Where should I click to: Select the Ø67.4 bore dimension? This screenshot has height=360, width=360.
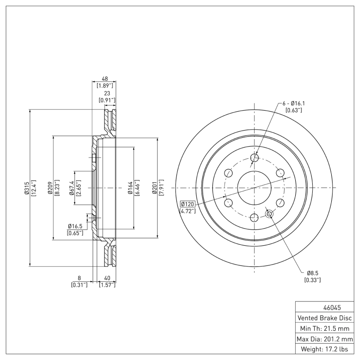click(x=72, y=188)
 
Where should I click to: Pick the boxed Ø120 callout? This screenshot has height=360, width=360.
click(x=187, y=204)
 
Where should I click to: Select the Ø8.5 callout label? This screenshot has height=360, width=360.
click(x=313, y=273)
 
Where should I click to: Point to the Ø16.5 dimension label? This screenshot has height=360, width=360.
click(x=74, y=226)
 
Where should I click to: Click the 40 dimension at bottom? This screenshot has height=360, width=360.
click(x=107, y=278)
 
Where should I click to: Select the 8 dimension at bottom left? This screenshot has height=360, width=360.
click(x=79, y=278)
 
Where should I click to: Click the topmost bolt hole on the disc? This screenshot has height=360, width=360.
click(x=254, y=157)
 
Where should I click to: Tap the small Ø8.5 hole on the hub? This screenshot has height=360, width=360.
click(x=269, y=214)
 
